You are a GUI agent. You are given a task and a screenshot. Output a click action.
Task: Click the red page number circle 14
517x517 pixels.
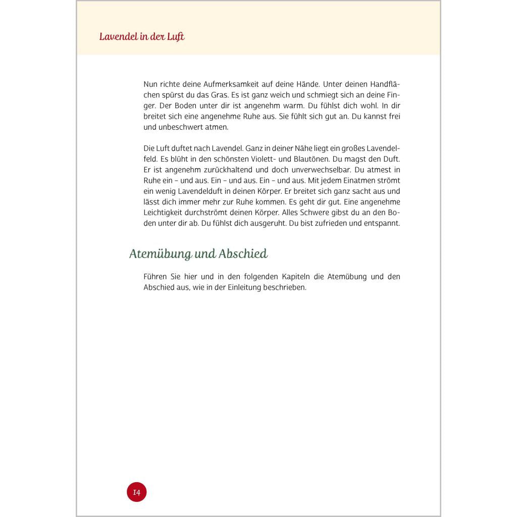136,492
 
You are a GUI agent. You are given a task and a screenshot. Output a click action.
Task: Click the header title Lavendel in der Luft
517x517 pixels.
142,37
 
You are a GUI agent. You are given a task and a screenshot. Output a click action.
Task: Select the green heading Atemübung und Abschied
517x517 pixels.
198,253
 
